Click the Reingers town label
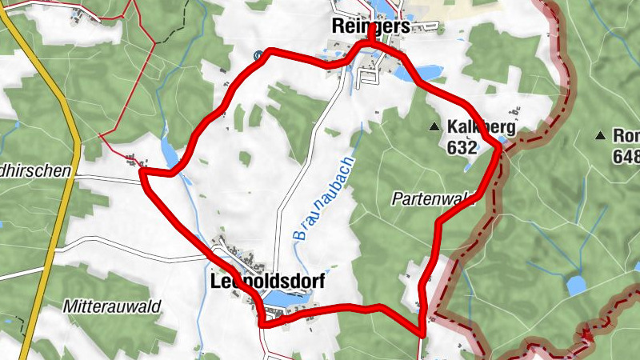point(370,26)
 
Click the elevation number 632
point(462,147)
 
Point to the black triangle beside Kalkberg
point(434,126)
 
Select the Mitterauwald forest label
point(112,306)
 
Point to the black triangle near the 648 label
point(600,135)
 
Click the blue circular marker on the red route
point(258,55)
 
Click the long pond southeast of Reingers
point(427,73)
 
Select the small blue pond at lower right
point(575,285)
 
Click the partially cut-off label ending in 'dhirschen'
point(36,170)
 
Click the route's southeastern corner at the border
point(421,333)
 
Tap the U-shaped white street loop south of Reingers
point(369,76)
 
